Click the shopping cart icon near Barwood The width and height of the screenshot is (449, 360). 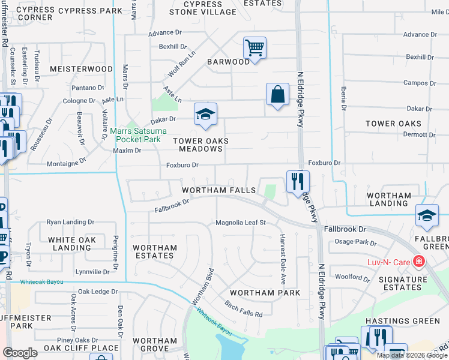(x=255, y=48)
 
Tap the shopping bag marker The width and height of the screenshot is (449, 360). (x=277, y=94)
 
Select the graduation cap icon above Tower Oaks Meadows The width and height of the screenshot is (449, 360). (x=205, y=114)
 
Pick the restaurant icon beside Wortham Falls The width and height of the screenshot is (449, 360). (x=298, y=181)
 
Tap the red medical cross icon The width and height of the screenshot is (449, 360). (x=418, y=262)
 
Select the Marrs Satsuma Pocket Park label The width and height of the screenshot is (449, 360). (x=135, y=135)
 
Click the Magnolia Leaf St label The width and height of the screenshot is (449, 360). (x=241, y=223)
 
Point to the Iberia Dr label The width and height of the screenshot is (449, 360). (x=344, y=97)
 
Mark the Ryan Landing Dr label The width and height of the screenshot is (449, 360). (x=66, y=222)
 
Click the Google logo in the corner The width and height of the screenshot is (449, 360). (x=20, y=352)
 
